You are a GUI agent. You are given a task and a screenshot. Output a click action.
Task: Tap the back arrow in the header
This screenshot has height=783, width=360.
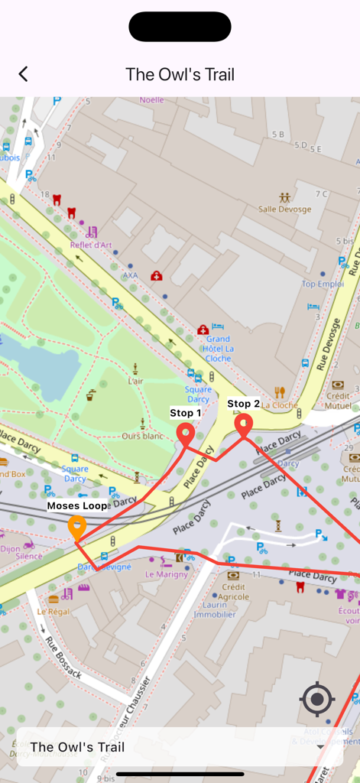coord(23,74)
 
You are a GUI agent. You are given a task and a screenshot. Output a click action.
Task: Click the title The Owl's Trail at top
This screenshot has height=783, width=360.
coord(180,74)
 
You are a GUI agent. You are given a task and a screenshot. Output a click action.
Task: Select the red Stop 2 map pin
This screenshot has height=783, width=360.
coord(243,426)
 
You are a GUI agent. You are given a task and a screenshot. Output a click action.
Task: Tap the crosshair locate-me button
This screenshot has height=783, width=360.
coord(317,699)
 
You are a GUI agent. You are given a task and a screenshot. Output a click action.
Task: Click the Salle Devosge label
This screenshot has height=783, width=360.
coord(284,209)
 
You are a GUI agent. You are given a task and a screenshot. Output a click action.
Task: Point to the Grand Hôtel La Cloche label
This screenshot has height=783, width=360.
coord(218,348)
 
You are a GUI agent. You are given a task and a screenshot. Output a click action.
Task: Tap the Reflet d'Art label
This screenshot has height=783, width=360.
coord(91,245)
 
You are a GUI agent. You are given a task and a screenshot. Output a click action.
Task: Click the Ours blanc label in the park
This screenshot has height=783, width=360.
coord(142,436)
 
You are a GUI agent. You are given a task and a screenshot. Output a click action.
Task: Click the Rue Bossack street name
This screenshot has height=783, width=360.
coord(63,657)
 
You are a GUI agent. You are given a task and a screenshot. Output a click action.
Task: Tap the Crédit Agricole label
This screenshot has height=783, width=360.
coord(233,592)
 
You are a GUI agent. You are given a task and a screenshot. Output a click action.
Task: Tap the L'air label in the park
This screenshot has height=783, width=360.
coord(135,381)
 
